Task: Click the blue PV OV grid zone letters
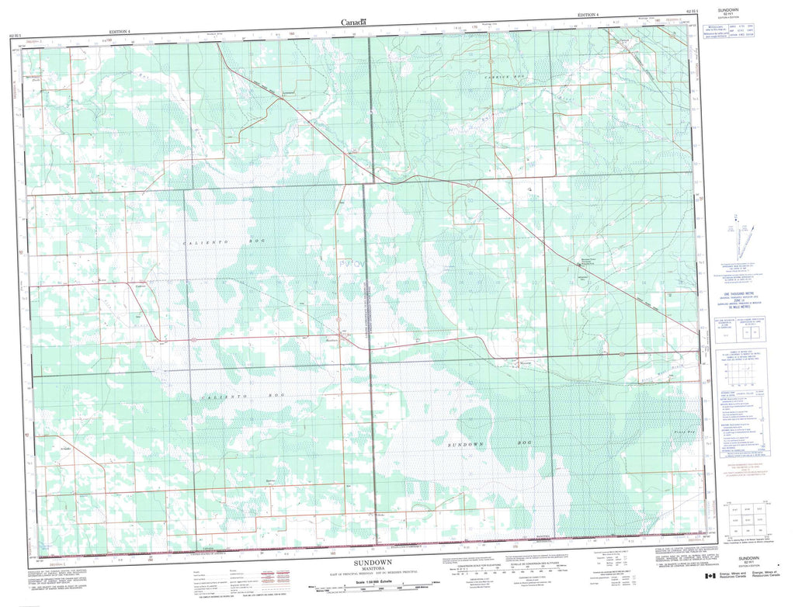(x=354, y=265)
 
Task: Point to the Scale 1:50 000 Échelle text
(x=373, y=581)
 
